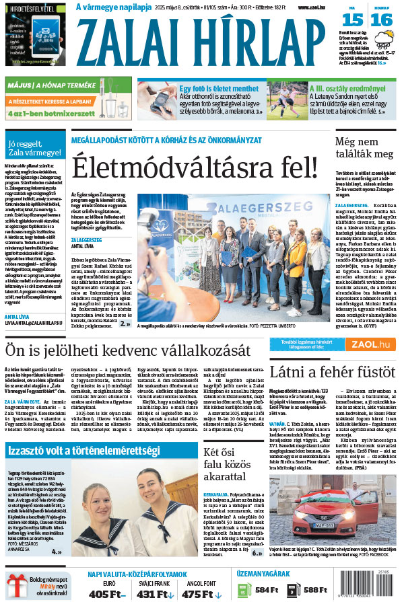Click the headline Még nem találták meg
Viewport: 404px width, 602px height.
(364, 147)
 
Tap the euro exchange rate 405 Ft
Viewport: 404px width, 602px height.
(104, 593)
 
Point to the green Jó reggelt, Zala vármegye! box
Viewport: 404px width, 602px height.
(34, 147)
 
